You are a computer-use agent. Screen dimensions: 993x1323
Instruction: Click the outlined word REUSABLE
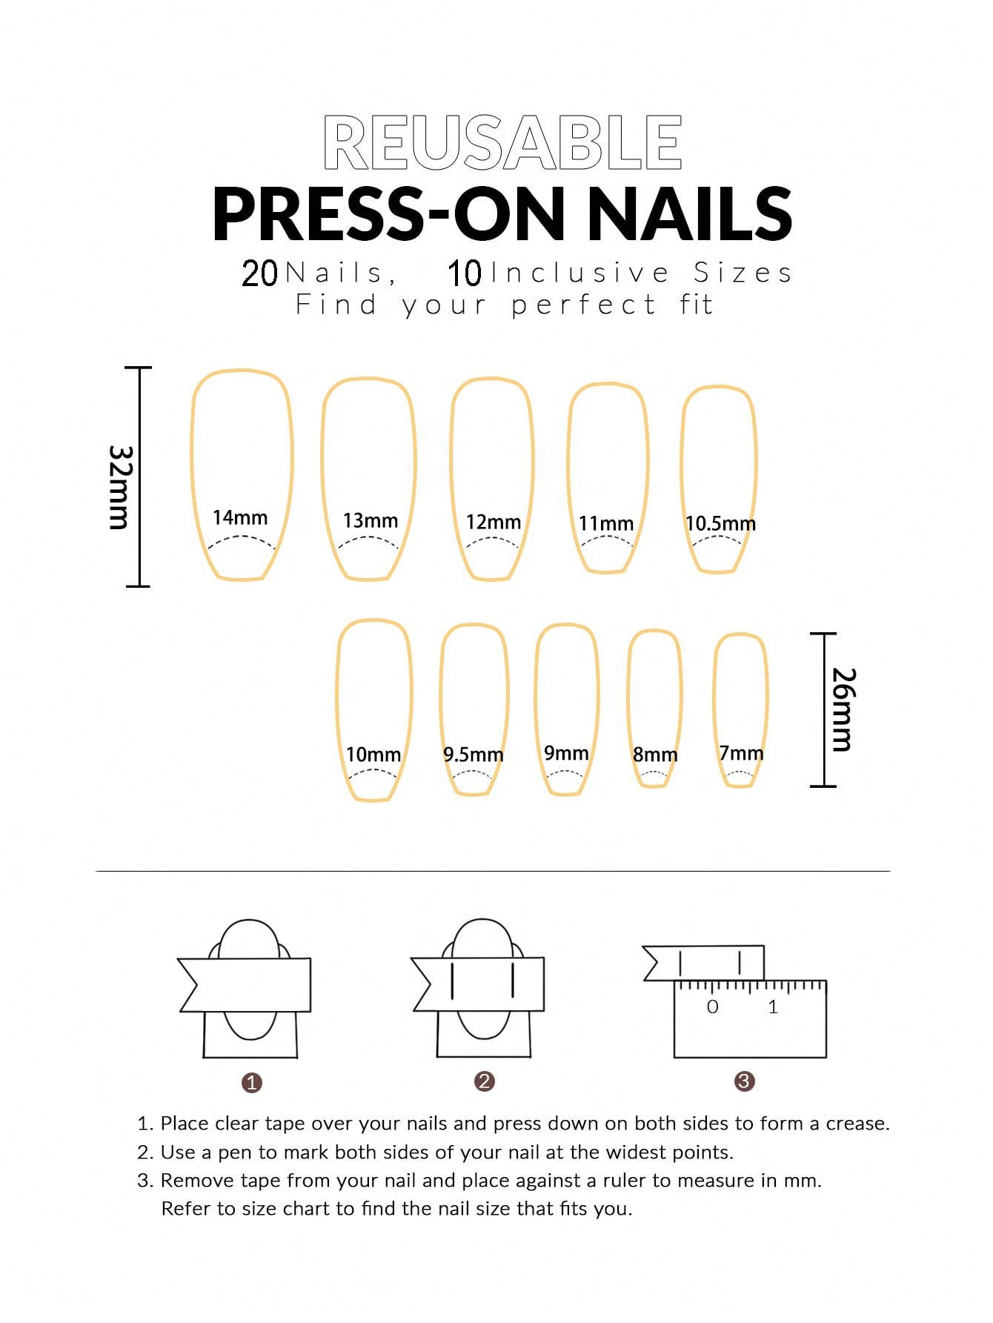click(x=502, y=142)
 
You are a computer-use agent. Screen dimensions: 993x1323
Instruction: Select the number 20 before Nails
click(x=259, y=273)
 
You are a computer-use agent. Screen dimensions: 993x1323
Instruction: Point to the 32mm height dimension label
click(x=119, y=487)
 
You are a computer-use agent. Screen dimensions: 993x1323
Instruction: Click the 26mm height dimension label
click(x=843, y=709)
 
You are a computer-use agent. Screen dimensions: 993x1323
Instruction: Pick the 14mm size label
click(x=240, y=517)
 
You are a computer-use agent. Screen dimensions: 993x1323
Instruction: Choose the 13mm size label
click(x=371, y=520)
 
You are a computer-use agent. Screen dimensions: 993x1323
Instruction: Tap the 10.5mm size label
click(x=720, y=523)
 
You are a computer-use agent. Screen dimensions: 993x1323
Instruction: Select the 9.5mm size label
click(x=473, y=755)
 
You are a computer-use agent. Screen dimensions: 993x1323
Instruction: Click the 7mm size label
click(x=741, y=753)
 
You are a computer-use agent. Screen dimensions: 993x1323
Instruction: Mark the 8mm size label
click(x=655, y=755)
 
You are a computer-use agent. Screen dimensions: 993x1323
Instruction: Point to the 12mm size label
click(x=494, y=522)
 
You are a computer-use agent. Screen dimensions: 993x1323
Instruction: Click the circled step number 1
click(x=252, y=1083)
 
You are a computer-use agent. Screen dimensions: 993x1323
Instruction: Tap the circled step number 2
click(x=484, y=1081)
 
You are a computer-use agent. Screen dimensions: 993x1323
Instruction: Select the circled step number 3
click(x=744, y=1081)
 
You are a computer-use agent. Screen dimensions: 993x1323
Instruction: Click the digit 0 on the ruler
click(x=713, y=1007)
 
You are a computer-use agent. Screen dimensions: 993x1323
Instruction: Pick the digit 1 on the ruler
click(x=773, y=1007)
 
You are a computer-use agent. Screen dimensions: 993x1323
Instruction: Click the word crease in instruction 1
click(x=856, y=1124)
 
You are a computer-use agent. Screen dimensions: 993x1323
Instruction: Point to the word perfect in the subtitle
click(x=584, y=305)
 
